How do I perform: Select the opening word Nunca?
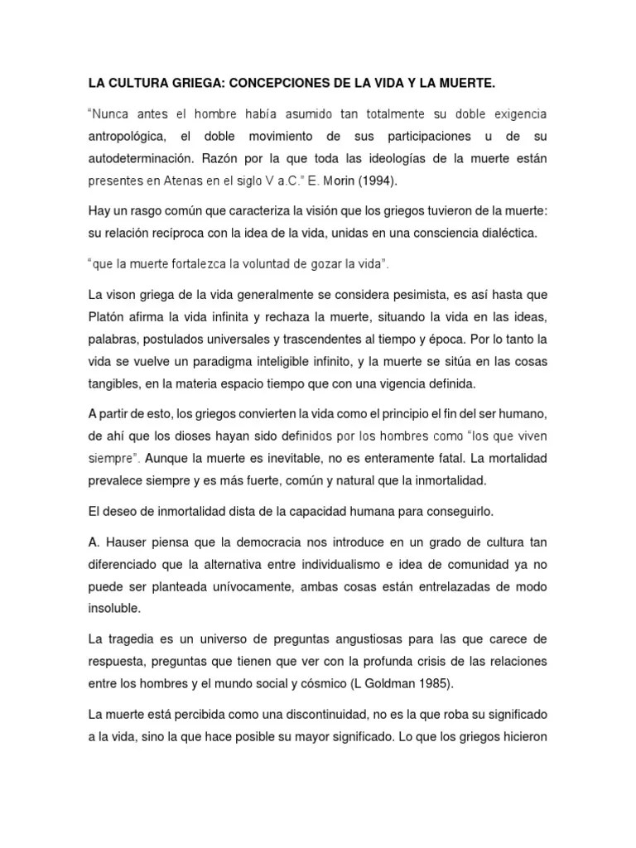pyautogui.click(x=111, y=113)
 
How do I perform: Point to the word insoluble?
pyautogui.click(x=115, y=609)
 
